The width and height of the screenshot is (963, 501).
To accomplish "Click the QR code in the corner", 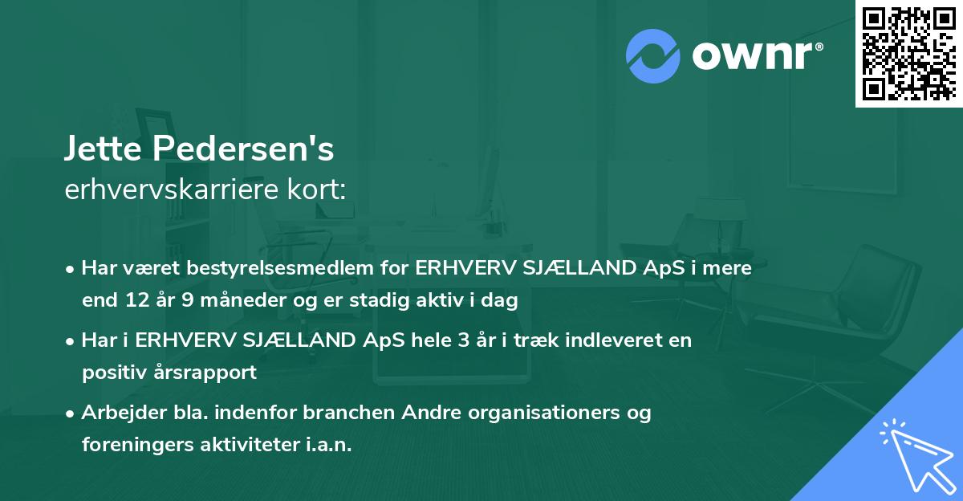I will click(908, 53).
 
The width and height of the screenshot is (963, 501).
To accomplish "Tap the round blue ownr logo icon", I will click(653, 56).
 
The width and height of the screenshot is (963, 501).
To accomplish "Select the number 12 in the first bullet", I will click(133, 301).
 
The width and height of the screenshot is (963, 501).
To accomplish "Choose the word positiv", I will click(112, 373).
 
